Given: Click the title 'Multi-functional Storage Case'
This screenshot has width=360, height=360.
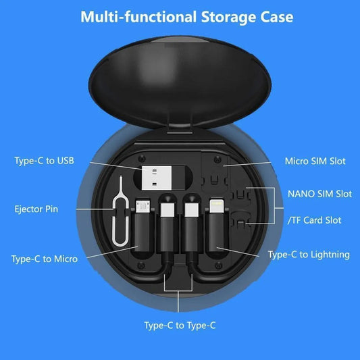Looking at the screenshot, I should coord(186,17).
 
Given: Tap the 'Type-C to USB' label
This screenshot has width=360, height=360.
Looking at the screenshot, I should coord(44,160).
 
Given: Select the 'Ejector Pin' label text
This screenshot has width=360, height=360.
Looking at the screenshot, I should coord(36,209).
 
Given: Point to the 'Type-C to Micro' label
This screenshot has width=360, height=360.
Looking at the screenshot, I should coord(45,259).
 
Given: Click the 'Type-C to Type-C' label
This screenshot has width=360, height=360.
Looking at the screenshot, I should coord(180,325).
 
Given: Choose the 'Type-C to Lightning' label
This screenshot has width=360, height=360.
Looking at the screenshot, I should coord(309,255).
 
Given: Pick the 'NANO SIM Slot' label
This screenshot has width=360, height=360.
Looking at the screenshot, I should coord(319,194).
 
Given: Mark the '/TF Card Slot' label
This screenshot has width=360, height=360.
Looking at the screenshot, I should coord(314,220).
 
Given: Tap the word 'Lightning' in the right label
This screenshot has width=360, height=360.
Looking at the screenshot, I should coord(327,255).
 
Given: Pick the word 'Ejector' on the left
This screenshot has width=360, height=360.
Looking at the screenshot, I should coord(27,209).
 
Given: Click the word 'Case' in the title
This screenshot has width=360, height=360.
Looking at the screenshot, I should coord(276,17).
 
